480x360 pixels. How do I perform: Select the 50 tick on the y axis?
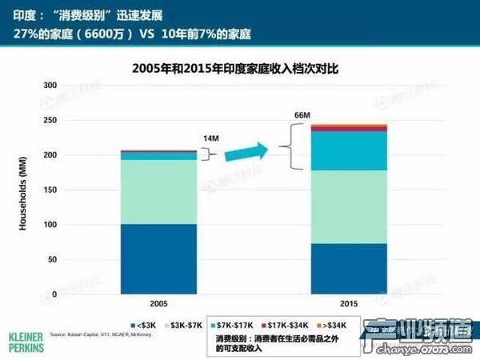coord(50,260)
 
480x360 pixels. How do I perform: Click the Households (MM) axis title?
coord(23,190)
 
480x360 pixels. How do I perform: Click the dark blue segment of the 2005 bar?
coord(159,258)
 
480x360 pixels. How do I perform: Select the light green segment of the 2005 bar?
coord(159,191)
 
